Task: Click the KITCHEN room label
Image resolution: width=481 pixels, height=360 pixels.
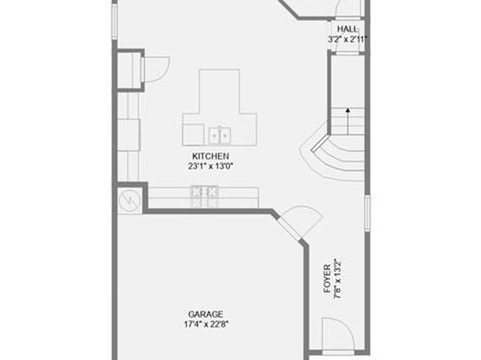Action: point(211,157)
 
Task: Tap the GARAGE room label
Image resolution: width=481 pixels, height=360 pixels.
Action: point(206,314)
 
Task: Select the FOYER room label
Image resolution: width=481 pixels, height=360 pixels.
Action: point(328,278)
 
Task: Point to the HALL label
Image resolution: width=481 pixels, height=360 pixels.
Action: point(348,29)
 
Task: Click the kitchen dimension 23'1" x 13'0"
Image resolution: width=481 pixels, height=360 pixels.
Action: point(211,166)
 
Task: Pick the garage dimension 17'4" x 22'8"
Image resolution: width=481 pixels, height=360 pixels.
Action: point(206,324)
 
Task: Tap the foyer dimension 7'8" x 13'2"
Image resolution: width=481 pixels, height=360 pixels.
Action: point(337,278)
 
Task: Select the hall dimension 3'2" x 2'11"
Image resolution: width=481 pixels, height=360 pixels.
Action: point(348,40)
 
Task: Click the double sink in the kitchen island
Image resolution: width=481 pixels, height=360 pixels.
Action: point(220,136)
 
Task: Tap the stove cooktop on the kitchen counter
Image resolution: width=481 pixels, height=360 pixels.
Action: point(204,196)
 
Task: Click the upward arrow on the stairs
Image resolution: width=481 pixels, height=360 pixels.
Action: point(348,121)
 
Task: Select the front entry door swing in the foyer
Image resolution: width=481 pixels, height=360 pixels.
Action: point(338,334)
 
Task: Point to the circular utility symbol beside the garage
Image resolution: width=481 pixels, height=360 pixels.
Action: point(129,201)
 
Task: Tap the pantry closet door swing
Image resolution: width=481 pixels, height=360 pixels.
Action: point(157,69)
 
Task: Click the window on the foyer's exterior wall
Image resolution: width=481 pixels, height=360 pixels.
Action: point(367,213)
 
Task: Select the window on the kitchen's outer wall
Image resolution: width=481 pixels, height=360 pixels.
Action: point(115,22)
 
